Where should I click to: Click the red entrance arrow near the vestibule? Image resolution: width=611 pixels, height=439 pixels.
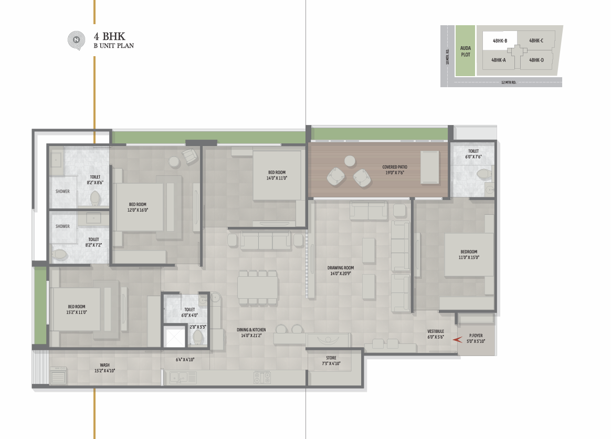click(457, 340)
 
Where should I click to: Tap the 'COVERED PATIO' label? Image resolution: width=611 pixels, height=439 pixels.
click(394, 167)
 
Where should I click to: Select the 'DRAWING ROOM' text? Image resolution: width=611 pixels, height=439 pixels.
click(341, 268)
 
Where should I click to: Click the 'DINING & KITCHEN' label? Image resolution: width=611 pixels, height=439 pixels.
click(251, 330)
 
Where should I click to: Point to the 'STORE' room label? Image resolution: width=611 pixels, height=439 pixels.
click(331, 358)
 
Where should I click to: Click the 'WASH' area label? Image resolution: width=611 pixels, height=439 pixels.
click(104, 365)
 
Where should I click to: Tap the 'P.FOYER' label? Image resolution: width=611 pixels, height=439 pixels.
click(476, 336)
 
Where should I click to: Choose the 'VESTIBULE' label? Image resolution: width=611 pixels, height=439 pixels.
click(436, 331)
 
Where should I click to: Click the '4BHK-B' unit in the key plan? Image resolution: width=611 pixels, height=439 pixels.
click(500, 40)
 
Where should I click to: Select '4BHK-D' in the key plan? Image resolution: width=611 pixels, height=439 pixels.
click(536, 60)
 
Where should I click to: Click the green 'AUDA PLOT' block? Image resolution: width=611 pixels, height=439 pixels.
click(465, 51)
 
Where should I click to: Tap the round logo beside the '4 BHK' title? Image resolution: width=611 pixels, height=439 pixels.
click(77, 40)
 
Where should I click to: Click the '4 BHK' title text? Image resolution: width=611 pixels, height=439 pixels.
click(110, 36)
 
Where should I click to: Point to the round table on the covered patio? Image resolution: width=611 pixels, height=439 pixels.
click(350, 161)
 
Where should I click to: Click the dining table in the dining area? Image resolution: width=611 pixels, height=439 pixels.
click(258, 287)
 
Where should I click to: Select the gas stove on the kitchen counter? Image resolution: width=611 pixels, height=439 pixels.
click(262, 378)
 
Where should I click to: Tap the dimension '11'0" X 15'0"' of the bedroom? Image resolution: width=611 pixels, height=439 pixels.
click(469, 257)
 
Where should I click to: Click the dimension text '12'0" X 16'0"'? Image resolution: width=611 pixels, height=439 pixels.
click(138, 210)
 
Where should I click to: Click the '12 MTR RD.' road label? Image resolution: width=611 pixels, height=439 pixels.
click(509, 82)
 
